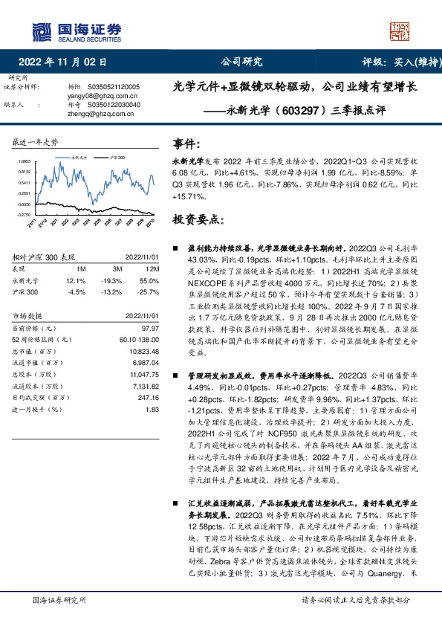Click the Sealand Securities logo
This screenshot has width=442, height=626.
click(75, 30)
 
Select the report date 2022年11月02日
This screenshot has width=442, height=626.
click(66, 63)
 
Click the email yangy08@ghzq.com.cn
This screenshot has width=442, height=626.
click(93, 96)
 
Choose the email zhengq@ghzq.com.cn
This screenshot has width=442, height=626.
click(93, 114)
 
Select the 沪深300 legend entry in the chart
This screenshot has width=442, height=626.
click(117, 158)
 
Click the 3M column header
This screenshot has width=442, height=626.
click(117, 268)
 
